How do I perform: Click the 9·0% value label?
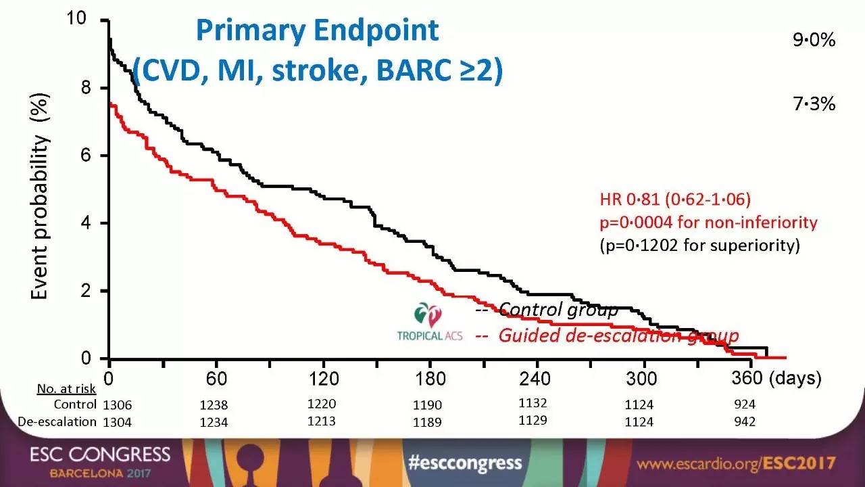(814, 41)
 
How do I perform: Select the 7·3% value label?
(814, 104)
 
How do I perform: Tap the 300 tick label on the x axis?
(642, 378)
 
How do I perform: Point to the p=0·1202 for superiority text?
(699, 245)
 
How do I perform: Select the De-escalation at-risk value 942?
(744, 422)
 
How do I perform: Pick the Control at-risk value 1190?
(427, 405)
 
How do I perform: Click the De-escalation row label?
(57, 422)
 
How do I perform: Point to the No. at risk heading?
(66, 388)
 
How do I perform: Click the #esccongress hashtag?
(466, 463)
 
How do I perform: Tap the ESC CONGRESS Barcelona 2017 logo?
(100, 462)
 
